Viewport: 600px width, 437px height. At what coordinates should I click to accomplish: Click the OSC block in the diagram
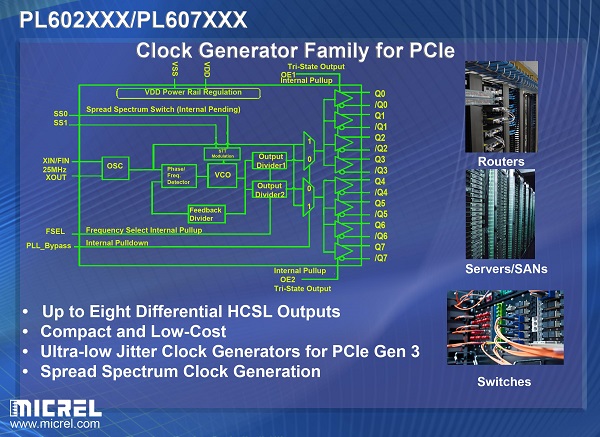(115, 166)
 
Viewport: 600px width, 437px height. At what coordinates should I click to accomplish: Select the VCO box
(222, 175)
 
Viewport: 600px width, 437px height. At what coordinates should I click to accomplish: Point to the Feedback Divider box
(206, 214)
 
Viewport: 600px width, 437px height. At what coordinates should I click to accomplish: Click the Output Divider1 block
(270, 161)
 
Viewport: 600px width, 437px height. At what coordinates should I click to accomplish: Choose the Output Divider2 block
(270, 190)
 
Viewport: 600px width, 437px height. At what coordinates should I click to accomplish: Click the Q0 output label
(380, 94)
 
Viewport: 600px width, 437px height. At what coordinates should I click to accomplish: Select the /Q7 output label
(380, 257)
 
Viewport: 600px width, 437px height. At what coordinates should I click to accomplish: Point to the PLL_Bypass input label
(49, 245)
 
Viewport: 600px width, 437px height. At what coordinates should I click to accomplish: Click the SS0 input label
(61, 114)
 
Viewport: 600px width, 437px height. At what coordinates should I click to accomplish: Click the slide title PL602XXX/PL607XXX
(134, 18)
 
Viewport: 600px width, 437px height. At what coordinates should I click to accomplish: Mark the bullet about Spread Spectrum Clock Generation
(180, 371)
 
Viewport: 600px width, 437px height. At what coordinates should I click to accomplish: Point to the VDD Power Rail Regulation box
(192, 92)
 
